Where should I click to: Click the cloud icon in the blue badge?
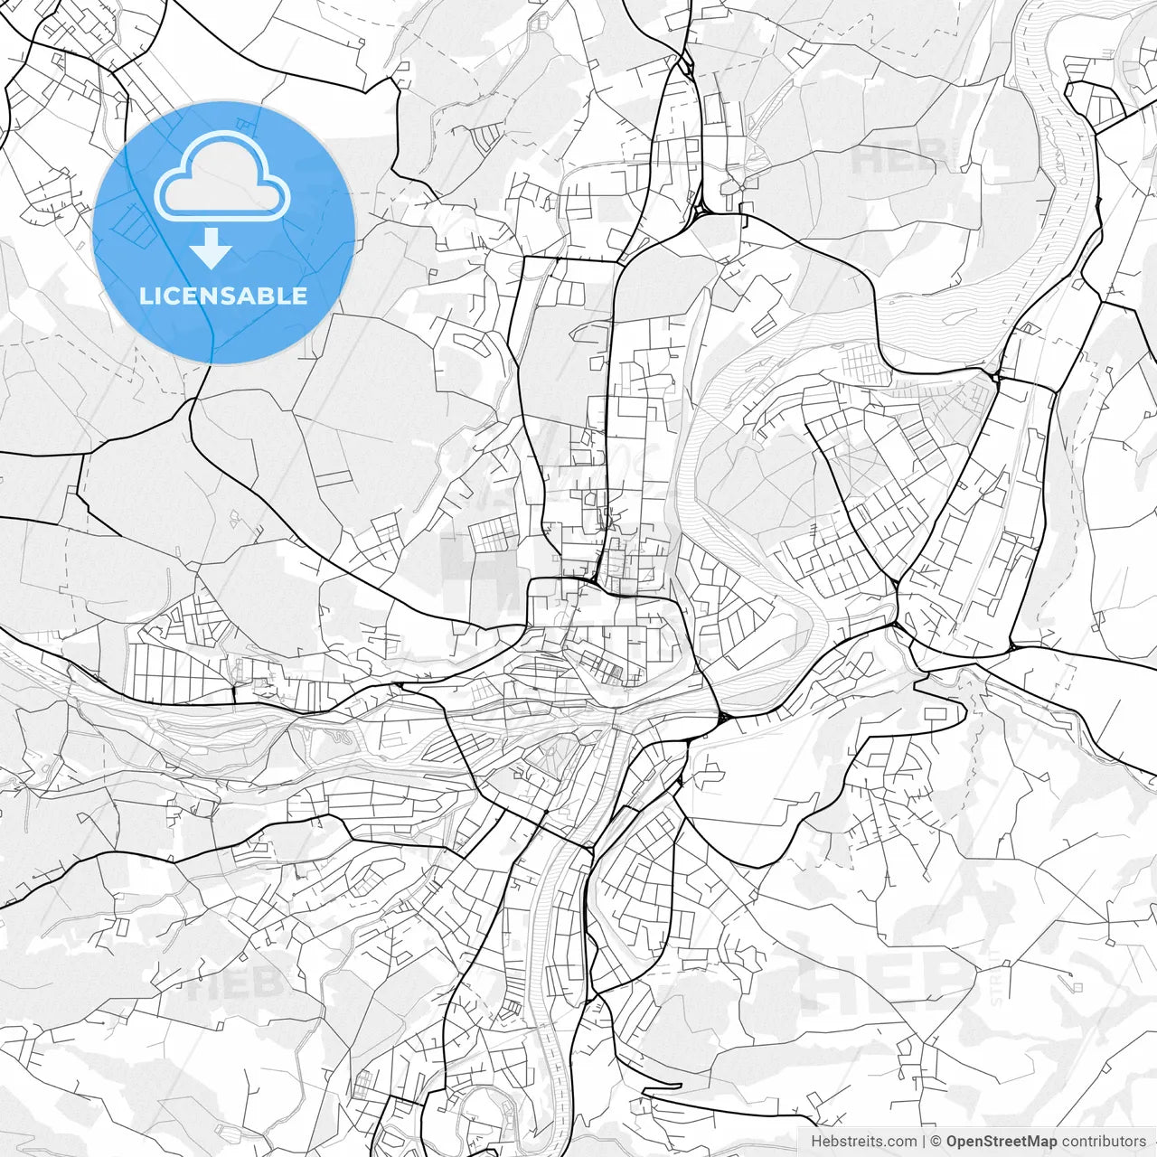[x=222, y=176]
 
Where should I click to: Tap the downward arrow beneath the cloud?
[x=212, y=249]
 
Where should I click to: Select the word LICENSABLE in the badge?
[x=223, y=296]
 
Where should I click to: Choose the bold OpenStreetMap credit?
[x=1002, y=1142]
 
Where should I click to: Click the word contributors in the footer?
[x=1104, y=1142]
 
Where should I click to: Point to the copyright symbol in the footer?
[x=937, y=1142]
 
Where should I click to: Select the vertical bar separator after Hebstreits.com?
[x=926, y=1142]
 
